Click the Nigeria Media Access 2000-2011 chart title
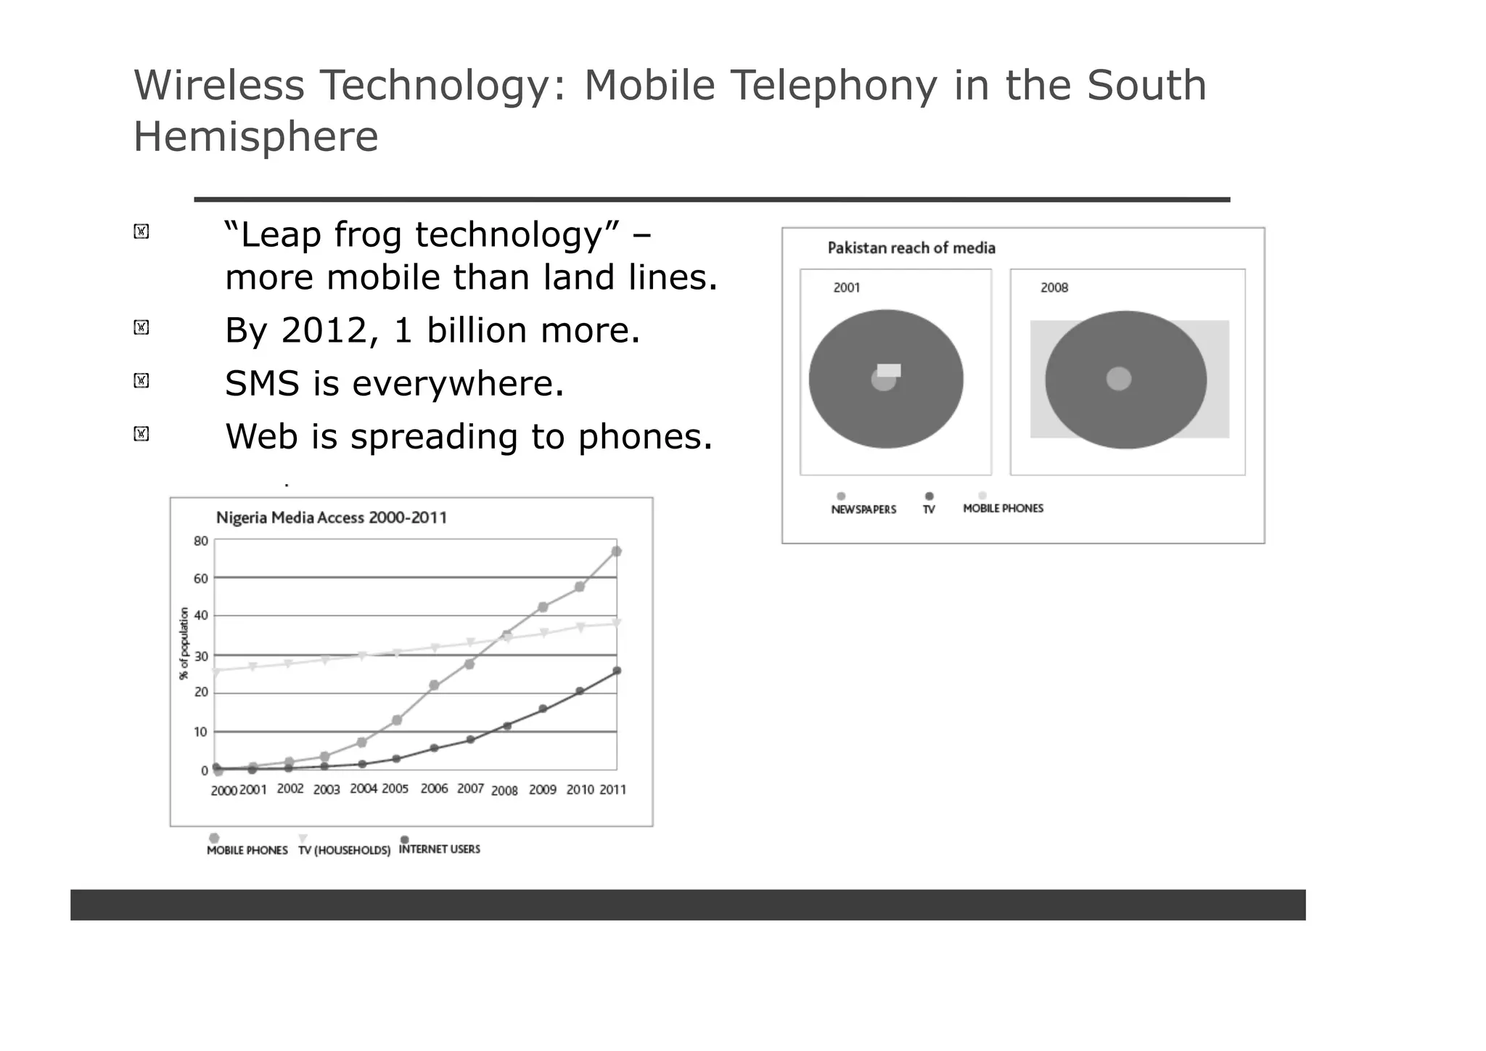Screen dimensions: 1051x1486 point(332,518)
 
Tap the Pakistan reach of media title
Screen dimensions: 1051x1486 point(911,248)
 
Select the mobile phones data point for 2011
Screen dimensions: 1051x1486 point(616,552)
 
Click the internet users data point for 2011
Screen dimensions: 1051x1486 point(617,671)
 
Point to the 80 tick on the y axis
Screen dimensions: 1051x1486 point(201,541)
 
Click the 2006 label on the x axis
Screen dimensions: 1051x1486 point(434,789)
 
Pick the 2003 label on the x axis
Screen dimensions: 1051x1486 point(327,790)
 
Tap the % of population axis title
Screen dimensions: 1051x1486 point(184,644)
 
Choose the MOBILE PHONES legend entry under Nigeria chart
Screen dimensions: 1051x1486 point(247,850)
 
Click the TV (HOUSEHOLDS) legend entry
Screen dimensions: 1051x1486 point(344,850)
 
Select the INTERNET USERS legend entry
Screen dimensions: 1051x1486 point(439,849)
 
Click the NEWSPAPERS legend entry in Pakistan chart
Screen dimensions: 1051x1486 point(863,510)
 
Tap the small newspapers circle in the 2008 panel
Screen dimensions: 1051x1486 point(1118,378)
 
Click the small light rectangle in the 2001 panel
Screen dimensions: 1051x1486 point(889,370)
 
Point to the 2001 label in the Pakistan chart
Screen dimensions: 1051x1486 point(847,288)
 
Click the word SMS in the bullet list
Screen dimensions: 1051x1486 point(262,383)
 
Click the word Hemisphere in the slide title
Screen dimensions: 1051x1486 point(255,136)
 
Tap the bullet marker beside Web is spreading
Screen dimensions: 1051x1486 point(141,434)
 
